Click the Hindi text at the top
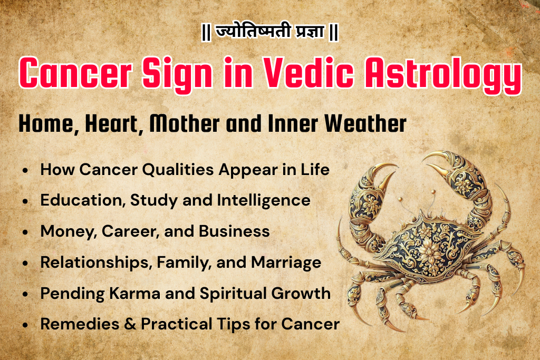tap(269, 33)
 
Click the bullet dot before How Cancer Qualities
tap(25, 171)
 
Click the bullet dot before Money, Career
tap(25, 232)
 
